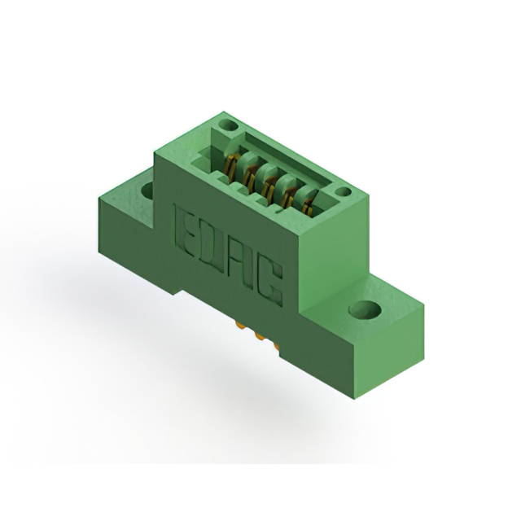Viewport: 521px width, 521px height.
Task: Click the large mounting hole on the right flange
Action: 365,309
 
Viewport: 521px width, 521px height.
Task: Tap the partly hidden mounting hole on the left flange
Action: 147,190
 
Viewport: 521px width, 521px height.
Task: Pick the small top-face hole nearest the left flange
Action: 230,125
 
